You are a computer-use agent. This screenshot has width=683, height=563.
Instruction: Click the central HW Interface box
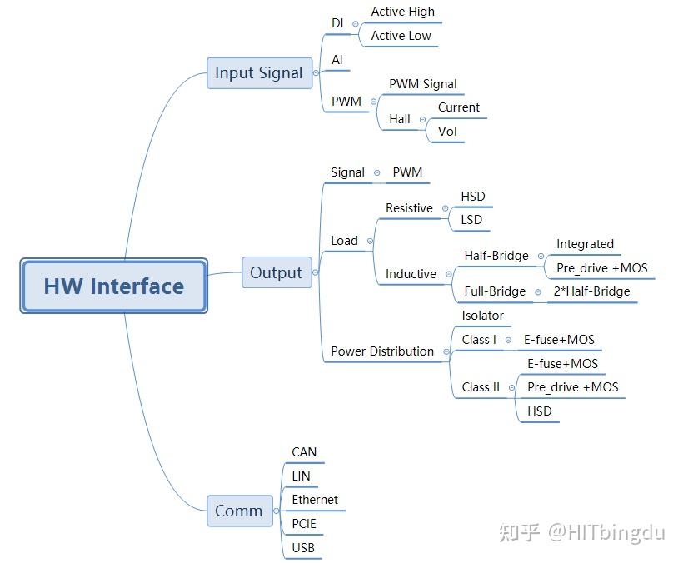click(113, 286)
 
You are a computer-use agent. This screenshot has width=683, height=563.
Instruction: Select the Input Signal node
click(260, 72)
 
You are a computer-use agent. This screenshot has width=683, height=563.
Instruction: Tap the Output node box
click(277, 272)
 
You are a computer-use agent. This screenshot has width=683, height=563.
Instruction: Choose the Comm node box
click(240, 511)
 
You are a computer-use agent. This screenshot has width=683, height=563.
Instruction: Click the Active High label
click(403, 12)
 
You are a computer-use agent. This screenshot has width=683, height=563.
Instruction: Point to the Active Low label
click(401, 36)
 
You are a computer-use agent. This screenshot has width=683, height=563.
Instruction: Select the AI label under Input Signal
click(337, 60)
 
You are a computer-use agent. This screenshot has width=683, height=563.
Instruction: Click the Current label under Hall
click(459, 107)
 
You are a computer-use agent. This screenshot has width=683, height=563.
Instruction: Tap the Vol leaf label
click(447, 131)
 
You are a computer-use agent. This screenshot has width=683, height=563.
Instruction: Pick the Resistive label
click(410, 208)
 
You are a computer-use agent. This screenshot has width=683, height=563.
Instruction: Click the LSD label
click(471, 219)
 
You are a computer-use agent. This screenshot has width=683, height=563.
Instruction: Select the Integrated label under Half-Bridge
click(585, 244)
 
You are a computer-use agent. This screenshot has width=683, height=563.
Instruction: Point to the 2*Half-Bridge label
click(592, 291)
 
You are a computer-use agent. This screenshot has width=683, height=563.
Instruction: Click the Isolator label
click(482, 316)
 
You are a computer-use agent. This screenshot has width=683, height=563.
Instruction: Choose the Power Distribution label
click(382, 351)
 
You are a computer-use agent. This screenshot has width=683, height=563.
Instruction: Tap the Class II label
click(481, 387)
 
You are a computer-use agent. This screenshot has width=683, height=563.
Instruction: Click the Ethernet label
click(315, 500)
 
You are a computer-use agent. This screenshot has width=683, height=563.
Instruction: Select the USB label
click(303, 547)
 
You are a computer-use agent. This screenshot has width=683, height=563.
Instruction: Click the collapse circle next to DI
click(356, 24)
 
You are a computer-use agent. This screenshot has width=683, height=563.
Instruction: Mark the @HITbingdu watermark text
click(606, 532)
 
